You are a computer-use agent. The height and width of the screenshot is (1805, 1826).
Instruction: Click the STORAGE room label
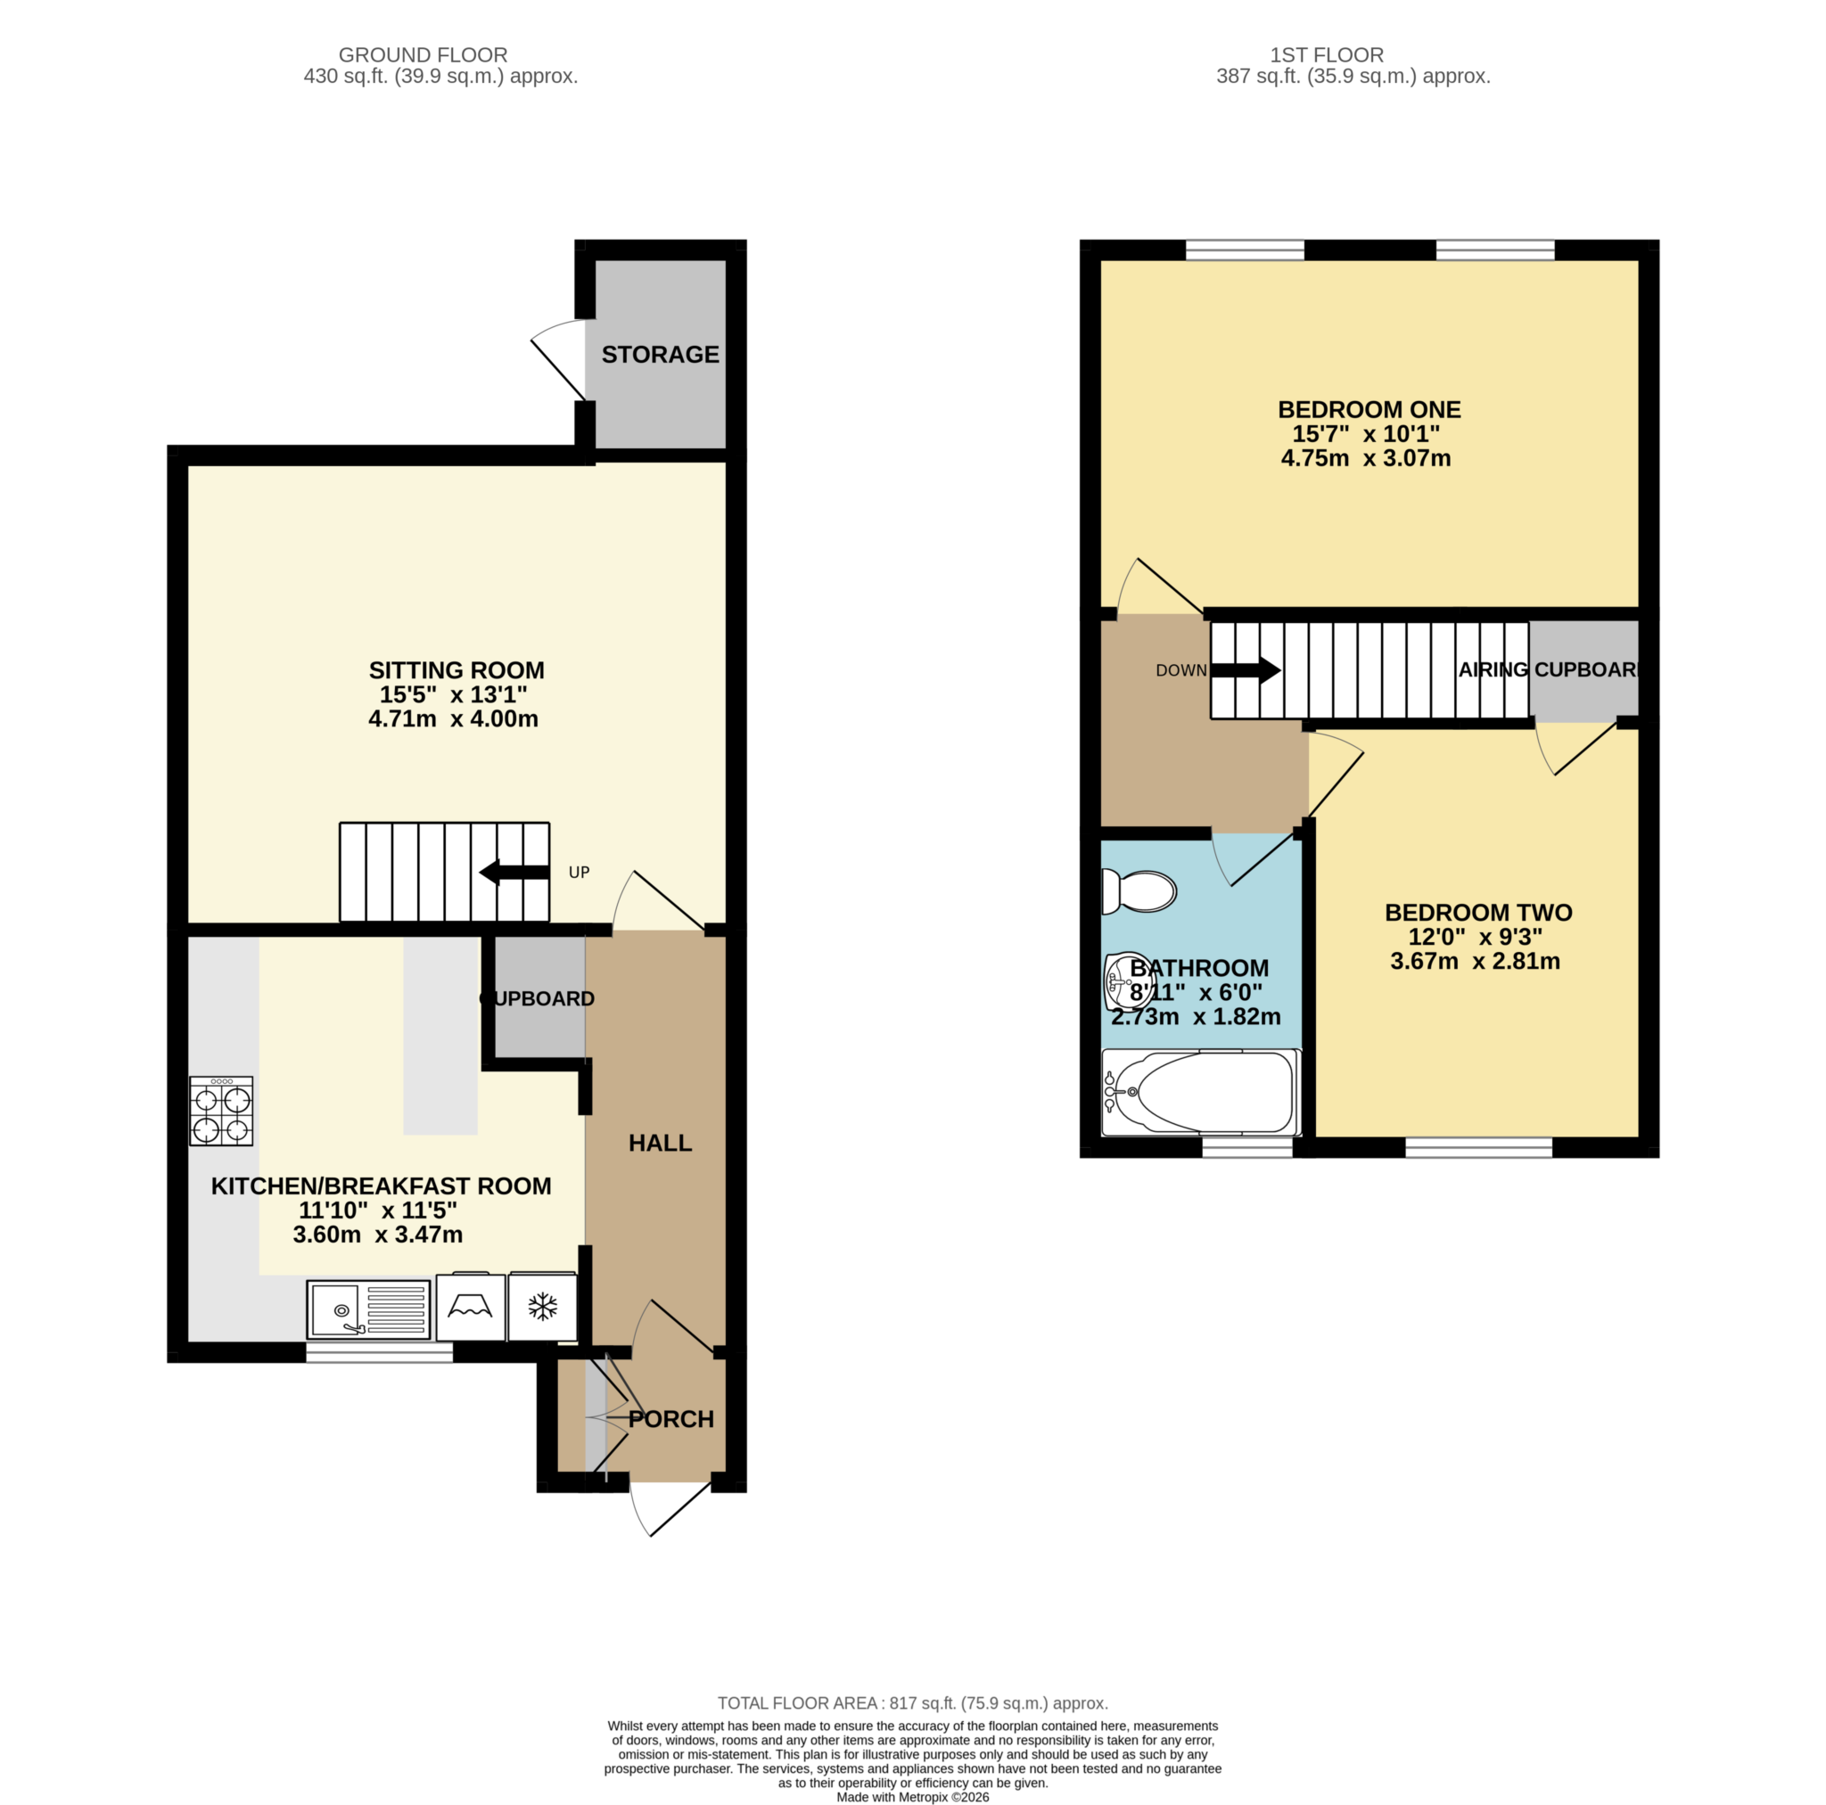660,355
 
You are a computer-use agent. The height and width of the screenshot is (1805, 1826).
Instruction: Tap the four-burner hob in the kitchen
221,1111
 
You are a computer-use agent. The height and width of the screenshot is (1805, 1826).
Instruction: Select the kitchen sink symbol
367,1309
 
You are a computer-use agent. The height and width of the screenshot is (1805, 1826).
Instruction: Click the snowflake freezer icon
542,1307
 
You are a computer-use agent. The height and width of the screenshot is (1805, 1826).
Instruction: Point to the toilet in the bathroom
1139,891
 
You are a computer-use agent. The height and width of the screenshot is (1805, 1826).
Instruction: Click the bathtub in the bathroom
1201,1093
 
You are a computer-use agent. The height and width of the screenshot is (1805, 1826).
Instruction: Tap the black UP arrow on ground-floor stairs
514,873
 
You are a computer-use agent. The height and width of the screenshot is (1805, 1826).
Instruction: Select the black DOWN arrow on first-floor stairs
1245,671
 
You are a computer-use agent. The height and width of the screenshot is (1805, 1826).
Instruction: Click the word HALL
660,1143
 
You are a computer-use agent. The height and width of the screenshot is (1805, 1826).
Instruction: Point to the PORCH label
671,1418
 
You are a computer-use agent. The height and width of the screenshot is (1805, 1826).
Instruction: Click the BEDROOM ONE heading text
1369,409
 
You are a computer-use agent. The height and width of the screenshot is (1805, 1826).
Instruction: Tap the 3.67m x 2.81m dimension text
1475,961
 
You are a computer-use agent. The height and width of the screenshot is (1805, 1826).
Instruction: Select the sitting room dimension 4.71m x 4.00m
454,718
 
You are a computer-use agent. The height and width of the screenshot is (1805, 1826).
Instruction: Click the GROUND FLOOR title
423,54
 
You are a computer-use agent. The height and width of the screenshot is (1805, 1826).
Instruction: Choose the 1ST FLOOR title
1326,54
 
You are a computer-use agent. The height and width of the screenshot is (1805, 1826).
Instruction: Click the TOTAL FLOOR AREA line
912,1702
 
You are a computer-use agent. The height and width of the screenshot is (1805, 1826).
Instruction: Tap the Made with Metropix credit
912,1796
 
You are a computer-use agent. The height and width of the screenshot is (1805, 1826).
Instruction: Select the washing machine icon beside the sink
471,1307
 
